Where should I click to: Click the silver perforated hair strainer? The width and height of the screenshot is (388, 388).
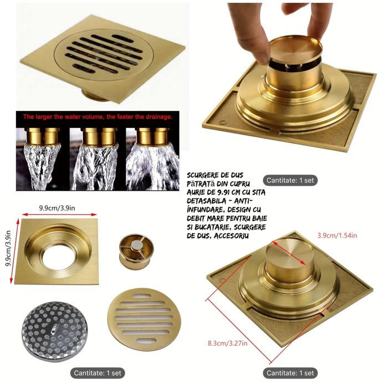(x=55, y=331)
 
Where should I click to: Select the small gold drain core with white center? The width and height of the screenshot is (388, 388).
(x=136, y=252)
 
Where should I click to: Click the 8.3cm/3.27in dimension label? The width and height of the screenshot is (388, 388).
(x=227, y=343)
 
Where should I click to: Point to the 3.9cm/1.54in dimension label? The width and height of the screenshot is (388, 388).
(x=337, y=236)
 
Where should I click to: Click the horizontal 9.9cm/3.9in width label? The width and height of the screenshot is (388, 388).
(x=57, y=208)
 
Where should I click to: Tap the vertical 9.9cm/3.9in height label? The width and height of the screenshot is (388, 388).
(x=8, y=248)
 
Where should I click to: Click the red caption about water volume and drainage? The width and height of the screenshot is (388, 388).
(x=98, y=117)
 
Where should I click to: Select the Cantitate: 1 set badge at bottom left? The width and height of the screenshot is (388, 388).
(x=98, y=373)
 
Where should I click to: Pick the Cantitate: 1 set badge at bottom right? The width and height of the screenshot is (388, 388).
(x=290, y=373)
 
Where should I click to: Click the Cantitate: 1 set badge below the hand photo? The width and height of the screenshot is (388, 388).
(x=290, y=180)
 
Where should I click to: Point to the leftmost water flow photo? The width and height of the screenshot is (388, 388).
(x=42, y=159)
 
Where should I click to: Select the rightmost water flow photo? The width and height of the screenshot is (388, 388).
(x=152, y=159)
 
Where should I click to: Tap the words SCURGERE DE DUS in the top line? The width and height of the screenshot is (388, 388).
(x=215, y=175)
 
